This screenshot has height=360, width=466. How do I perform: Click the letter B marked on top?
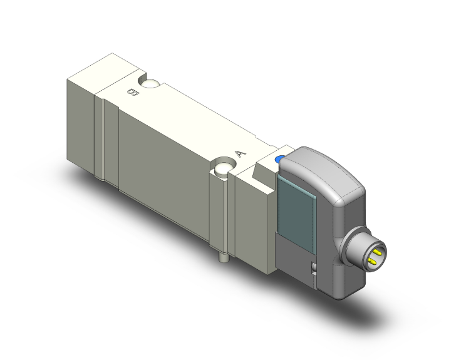[x=133, y=92]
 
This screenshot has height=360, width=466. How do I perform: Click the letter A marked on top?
[x=241, y=154]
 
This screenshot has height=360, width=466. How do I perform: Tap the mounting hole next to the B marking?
[x=150, y=83]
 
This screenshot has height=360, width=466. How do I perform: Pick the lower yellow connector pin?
[x=372, y=261]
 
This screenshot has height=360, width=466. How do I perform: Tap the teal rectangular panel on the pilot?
[x=297, y=213]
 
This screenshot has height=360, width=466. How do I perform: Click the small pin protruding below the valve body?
[x=222, y=257]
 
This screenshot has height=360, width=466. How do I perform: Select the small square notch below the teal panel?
[x=313, y=268]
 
